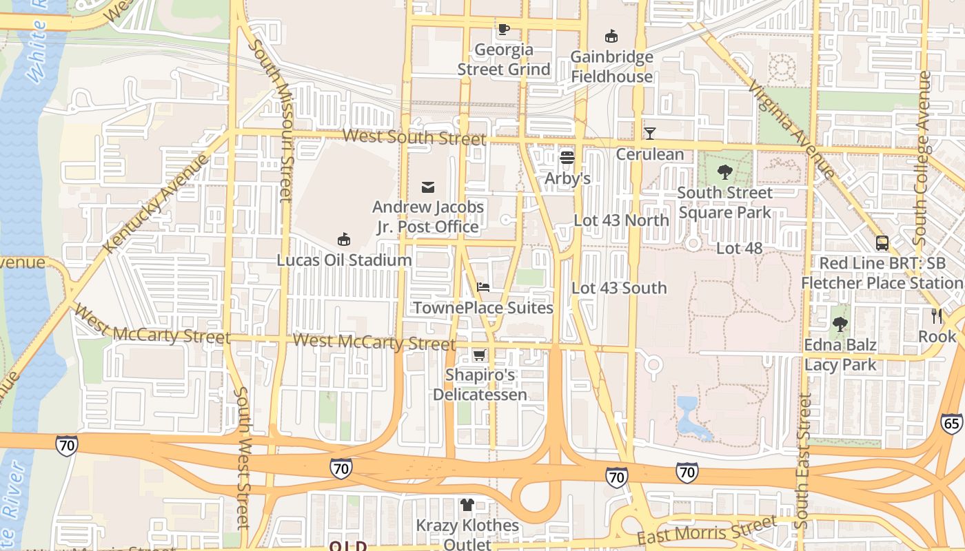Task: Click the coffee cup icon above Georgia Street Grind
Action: tap(503, 29)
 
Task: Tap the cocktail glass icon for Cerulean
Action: tap(649, 133)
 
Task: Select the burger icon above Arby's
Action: tap(567, 158)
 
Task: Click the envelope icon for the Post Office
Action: tap(428, 187)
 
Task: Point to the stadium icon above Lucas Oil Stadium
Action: tap(343, 240)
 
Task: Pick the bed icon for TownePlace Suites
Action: tap(483, 287)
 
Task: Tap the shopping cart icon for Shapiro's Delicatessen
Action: tap(479, 355)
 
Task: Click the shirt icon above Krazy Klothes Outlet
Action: tap(467, 505)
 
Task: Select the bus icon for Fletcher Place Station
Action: tap(882, 242)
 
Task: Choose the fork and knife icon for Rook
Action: tap(936, 316)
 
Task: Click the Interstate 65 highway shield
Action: tap(952, 423)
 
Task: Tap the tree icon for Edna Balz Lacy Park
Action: tap(840, 324)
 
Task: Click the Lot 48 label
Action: tap(739, 248)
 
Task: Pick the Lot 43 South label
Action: tap(619, 288)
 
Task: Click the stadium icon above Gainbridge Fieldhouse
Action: tap(611, 36)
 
